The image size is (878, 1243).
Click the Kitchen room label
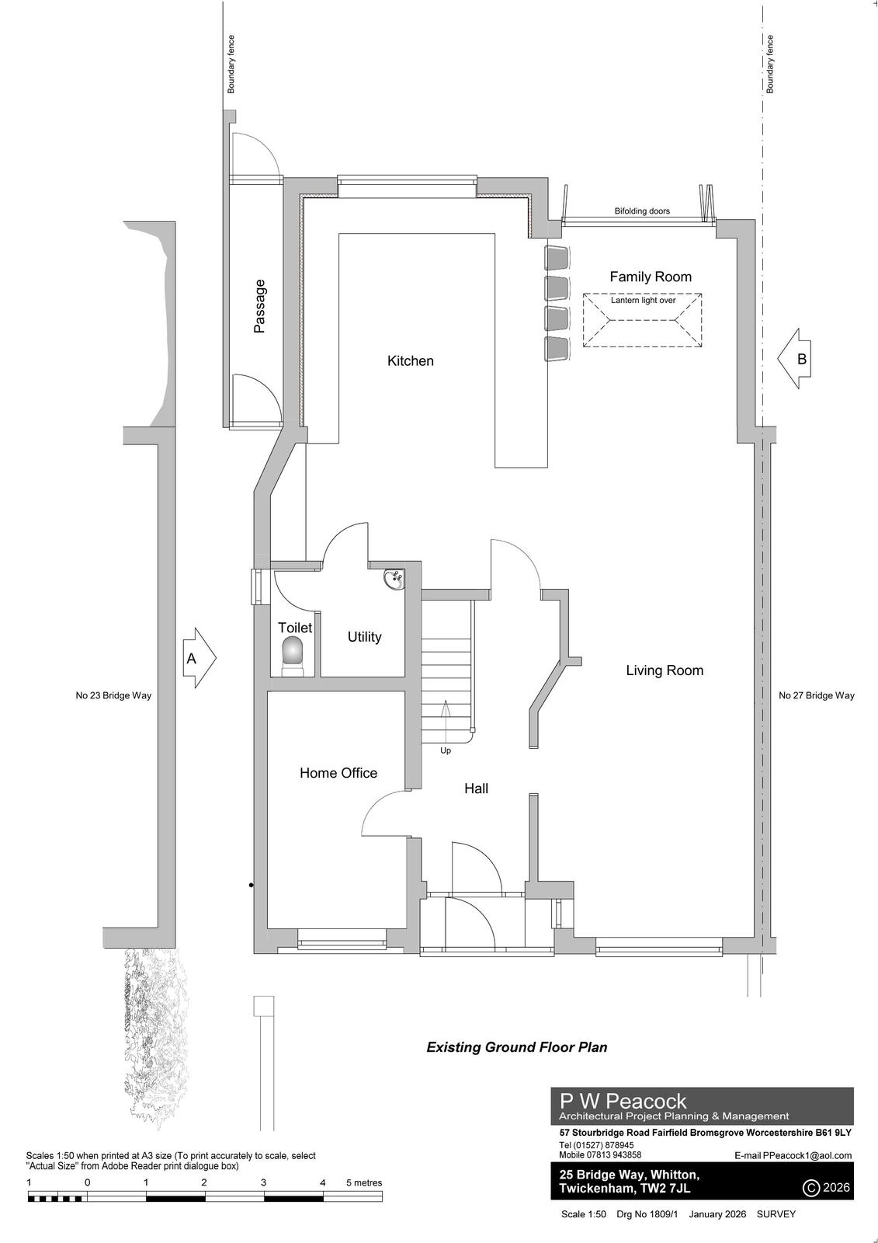(x=410, y=360)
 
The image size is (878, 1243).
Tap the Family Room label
(x=651, y=277)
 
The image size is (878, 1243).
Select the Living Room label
(x=665, y=670)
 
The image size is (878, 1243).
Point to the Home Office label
(x=338, y=773)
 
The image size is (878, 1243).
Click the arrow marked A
(x=199, y=658)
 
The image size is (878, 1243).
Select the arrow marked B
(x=794, y=358)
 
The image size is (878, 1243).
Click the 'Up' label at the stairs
(x=446, y=750)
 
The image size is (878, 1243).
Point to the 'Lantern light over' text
(x=643, y=300)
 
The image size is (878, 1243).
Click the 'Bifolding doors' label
(x=642, y=211)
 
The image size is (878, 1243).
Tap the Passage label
(x=259, y=306)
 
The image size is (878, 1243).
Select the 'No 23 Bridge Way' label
(x=113, y=695)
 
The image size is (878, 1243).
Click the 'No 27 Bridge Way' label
(x=817, y=695)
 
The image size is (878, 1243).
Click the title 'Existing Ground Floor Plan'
(x=516, y=1047)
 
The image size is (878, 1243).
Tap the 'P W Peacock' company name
(x=623, y=1101)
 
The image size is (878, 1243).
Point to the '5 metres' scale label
(x=364, y=1182)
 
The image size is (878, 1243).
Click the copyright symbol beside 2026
(x=811, y=1188)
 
